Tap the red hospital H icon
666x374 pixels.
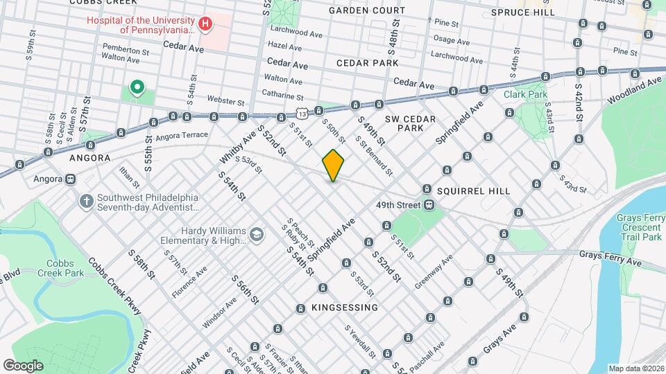pos(205,25)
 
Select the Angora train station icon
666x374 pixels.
pos(70,178)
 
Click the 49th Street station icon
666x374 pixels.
pos(430,204)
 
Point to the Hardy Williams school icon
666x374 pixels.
pos(257,235)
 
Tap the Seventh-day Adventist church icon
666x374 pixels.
pos(86,201)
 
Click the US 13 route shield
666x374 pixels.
pos(300,112)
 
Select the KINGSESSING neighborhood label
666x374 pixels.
pos(334,307)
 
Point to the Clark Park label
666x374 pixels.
pos(525,94)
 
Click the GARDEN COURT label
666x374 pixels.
pos(367,10)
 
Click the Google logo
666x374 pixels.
pos(23,365)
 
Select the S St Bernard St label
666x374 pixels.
pos(374,154)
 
